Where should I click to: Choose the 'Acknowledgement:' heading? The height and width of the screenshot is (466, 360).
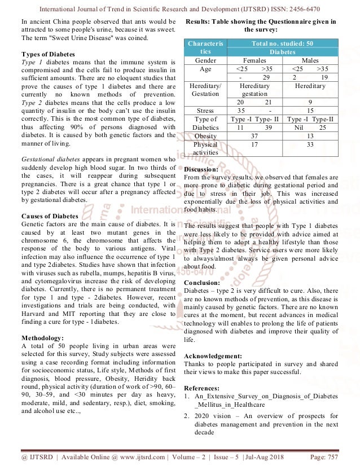point(213,356)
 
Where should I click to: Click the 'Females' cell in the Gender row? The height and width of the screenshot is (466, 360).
point(254,59)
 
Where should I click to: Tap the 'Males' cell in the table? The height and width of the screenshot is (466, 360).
point(310,59)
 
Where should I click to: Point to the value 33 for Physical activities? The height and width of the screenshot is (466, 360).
point(310,144)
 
